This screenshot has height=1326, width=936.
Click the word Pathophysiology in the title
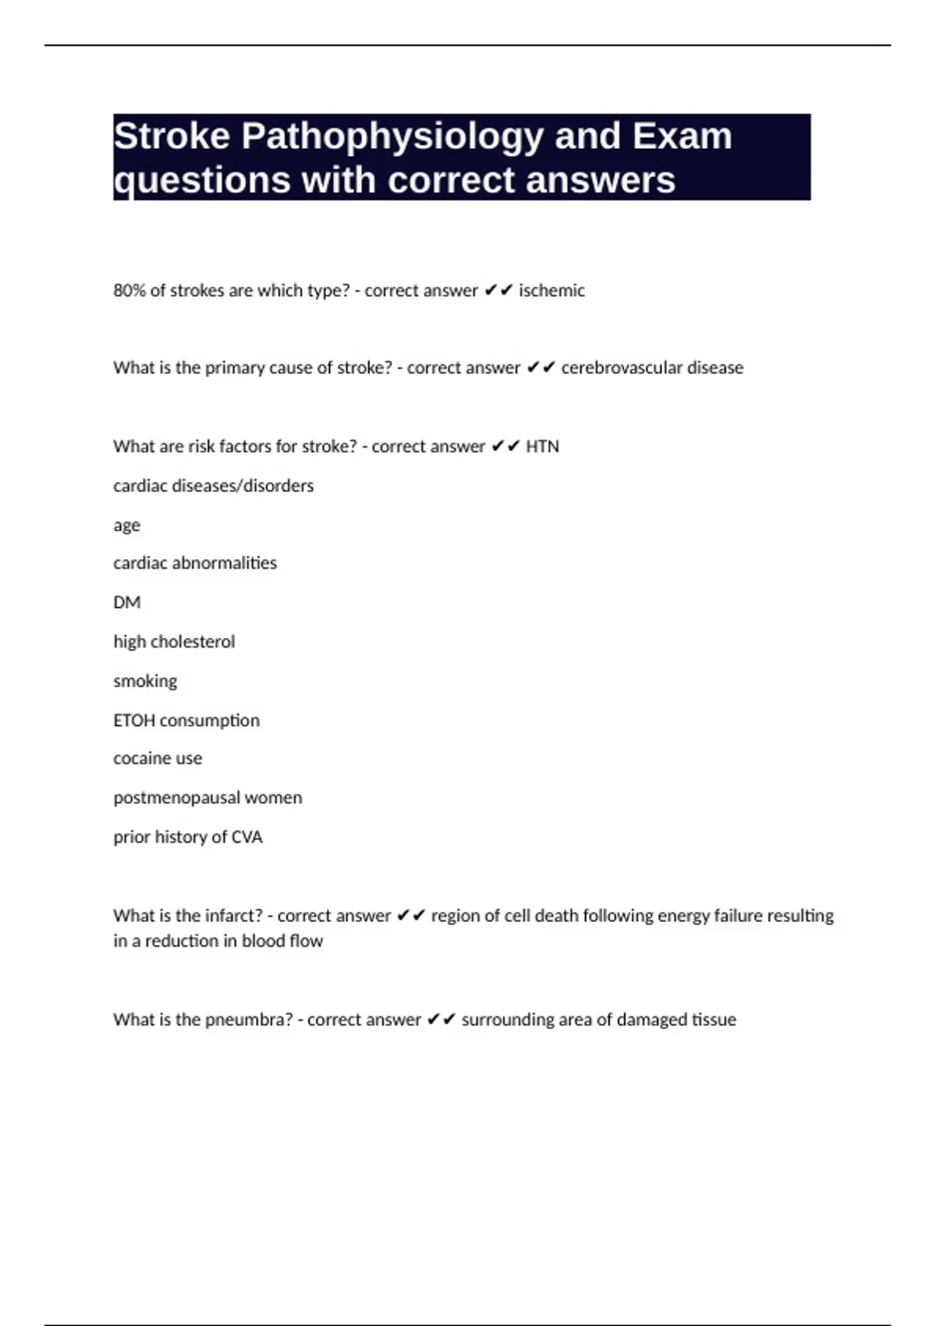pyautogui.click(x=392, y=137)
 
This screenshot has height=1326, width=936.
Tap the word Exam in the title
pyautogui.click(x=682, y=136)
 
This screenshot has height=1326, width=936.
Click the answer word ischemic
pyautogui.click(x=551, y=291)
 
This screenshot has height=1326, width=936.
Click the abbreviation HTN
pyautogui.click(x=542, y=447)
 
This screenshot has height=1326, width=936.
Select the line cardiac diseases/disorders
pyautogui.click(x=213, y=486)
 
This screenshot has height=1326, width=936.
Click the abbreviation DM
pyautogui.click(x=126, y=603)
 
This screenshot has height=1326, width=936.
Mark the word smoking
pyautogui.click(x=145, y=682)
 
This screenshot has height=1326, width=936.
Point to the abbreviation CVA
pyautogui.click(x=247, y=838)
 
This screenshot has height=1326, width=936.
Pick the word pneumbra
pyautogui.click(x=248, y=1020)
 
